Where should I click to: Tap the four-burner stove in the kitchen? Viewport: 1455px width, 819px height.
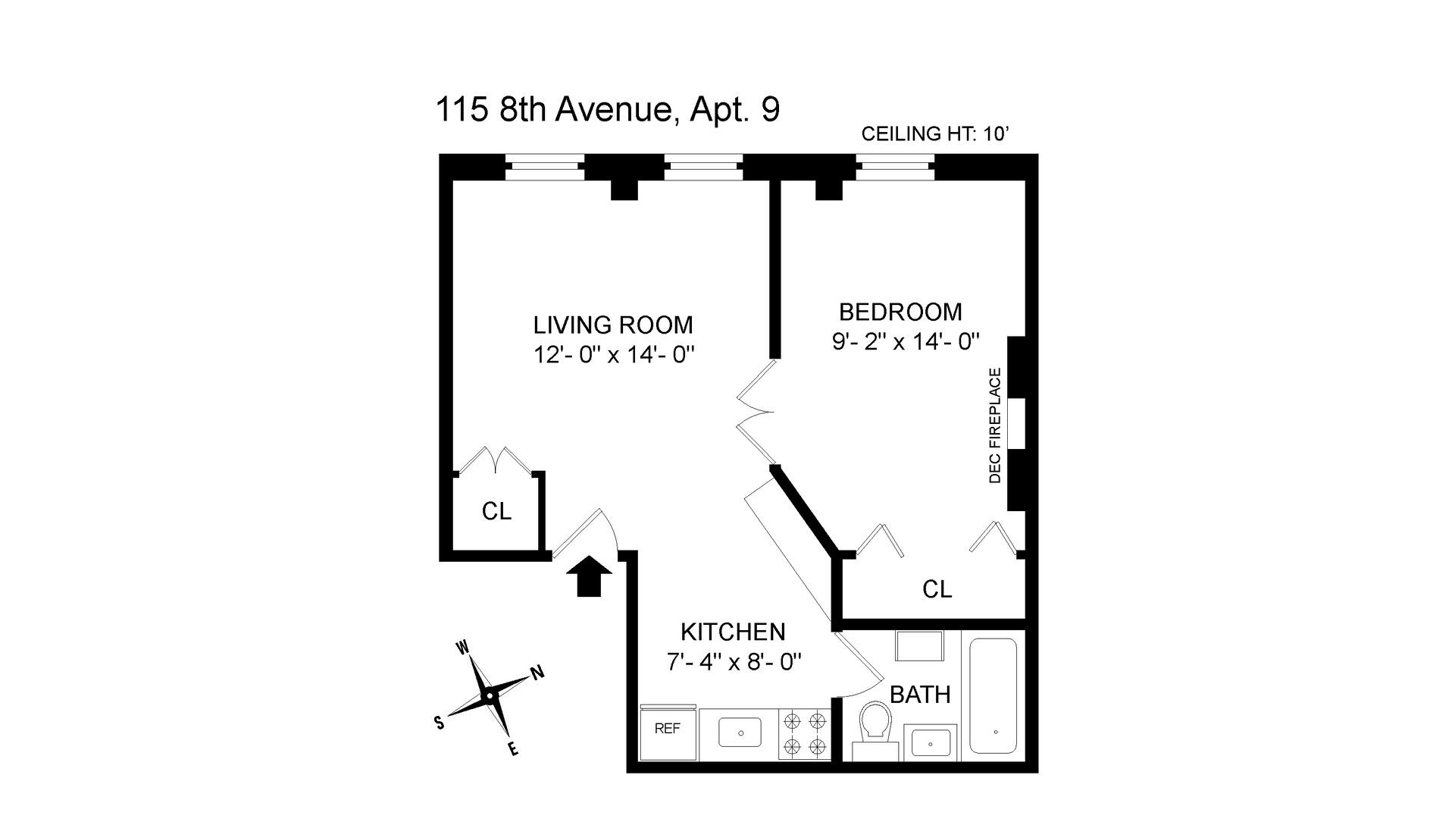click(804, 734)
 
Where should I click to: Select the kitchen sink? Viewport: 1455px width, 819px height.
click(738, 733)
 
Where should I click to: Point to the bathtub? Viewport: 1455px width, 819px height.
click(993, 695)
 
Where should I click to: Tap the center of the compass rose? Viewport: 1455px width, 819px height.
click(490, 695)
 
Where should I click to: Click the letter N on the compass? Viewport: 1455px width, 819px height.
click(537, 672)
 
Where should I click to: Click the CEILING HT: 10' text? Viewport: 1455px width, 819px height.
click(936, 134)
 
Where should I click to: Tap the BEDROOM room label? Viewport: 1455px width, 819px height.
click(900, 312)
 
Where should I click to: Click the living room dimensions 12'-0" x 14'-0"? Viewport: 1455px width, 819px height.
click(614, 354)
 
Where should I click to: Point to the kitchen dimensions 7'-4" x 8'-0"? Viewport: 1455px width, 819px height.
click(734, 662)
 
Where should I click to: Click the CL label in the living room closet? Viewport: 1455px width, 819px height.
click(496, 512)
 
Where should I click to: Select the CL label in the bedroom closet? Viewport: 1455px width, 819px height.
click(937, 589)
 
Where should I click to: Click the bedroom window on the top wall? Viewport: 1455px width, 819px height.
click(895, 167)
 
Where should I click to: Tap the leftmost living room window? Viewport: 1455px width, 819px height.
click(544, 167)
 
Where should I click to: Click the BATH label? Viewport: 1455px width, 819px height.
click(920, 694)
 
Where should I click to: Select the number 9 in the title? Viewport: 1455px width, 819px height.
click(770, 111)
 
